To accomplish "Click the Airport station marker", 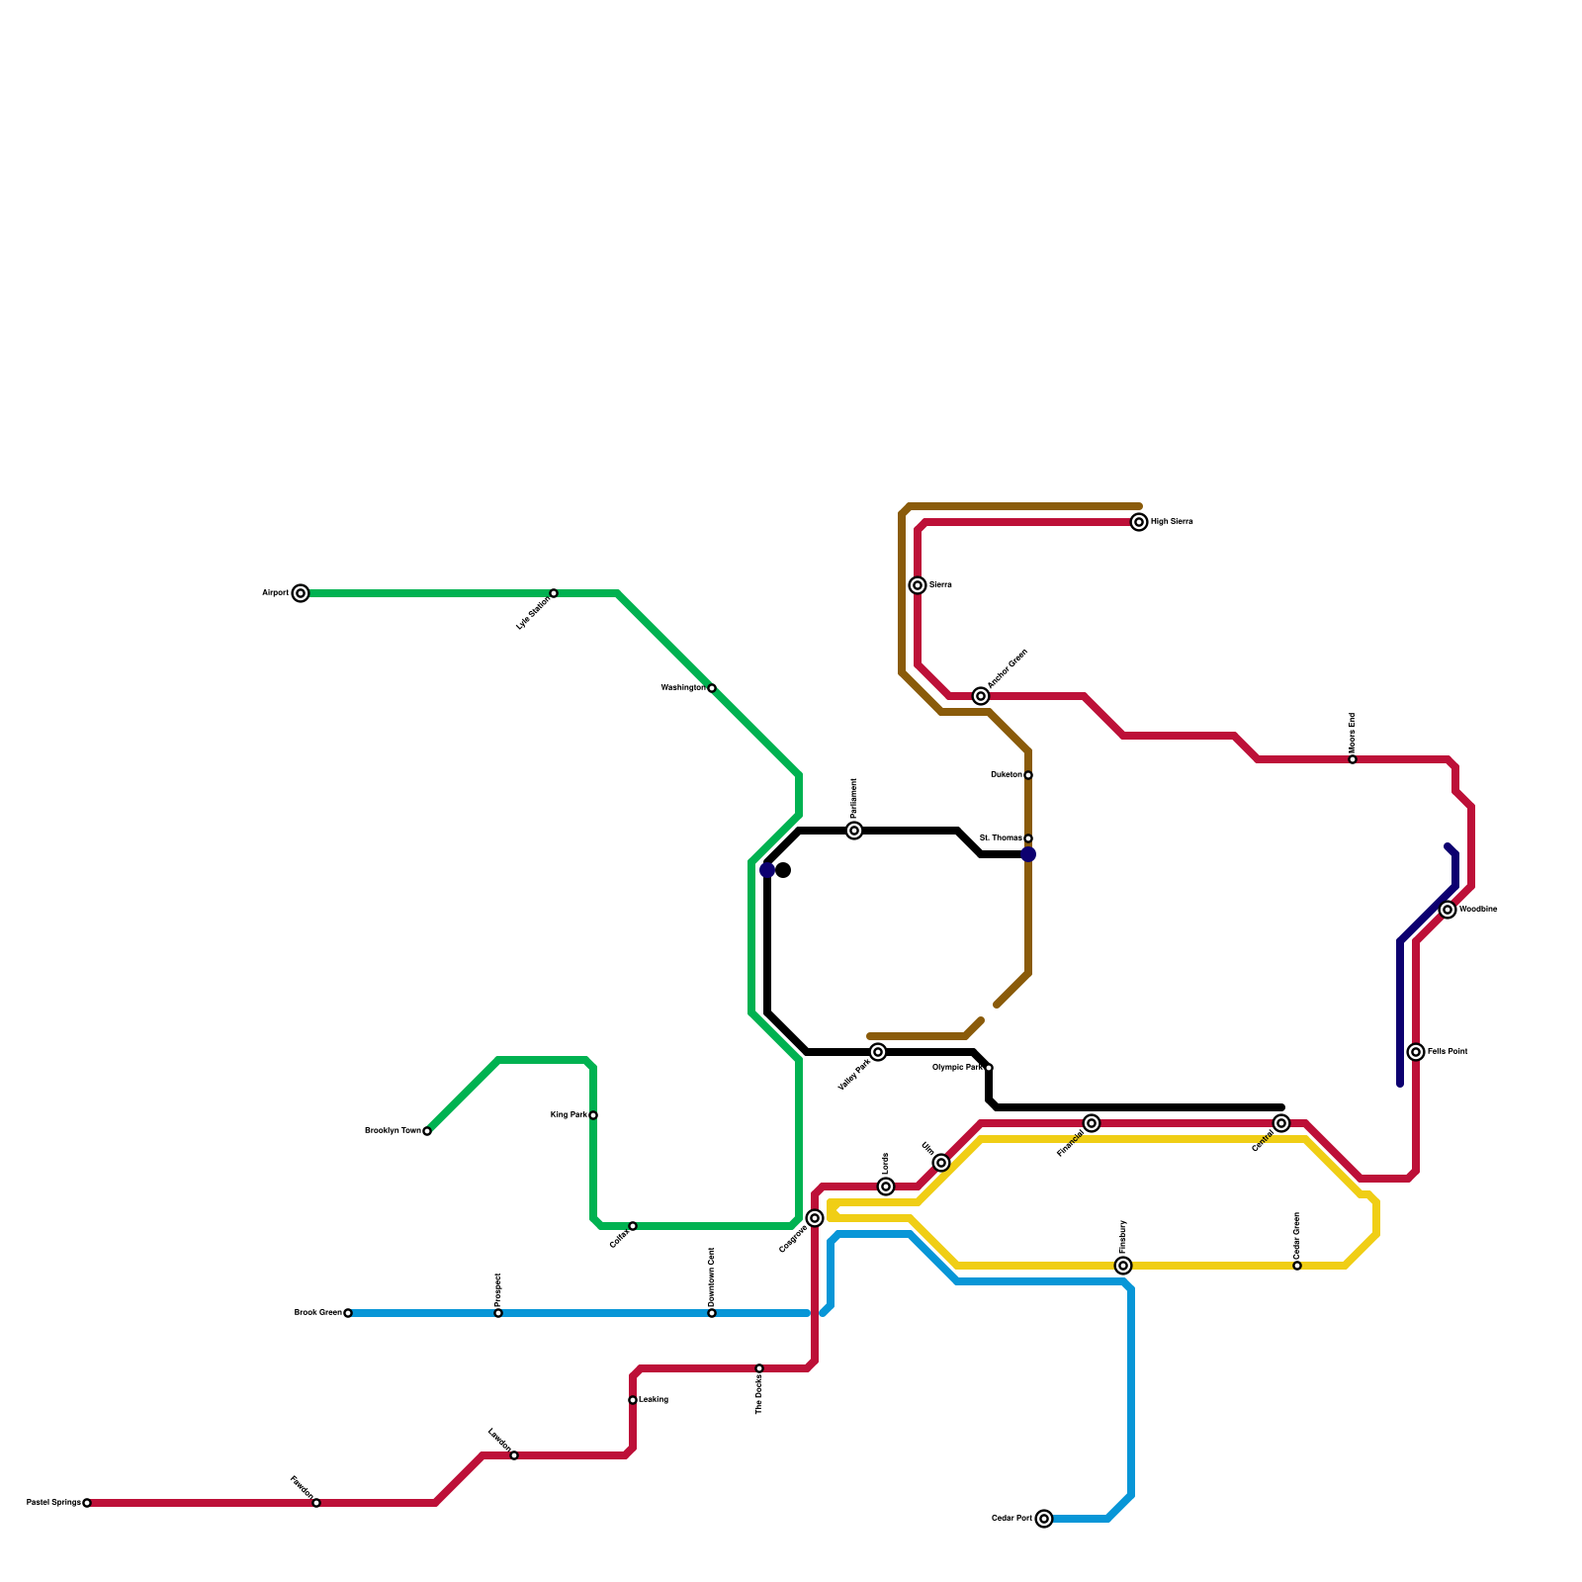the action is click(x=301, y=593).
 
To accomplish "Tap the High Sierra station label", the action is click(x=1172, y=522).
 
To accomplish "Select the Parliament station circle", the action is click(x=854, y=831).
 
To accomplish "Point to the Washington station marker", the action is click(x=712, y=688).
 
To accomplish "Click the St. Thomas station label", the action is click(x=1001, y=838).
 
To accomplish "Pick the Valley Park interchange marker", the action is click(x=878, y=1052).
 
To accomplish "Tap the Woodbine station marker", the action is click(x=1448, y=910).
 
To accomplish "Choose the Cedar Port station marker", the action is click(x=1044, y=1519).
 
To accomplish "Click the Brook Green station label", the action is click(x=317, y=1313).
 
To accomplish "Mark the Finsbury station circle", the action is click(x=1123, y=1266).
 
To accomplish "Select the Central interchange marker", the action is click(x=1281, y=1123).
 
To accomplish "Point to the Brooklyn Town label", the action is click(x=393, y=1131).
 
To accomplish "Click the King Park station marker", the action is click(x=593, y=1115).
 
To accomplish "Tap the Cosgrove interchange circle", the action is click(x=815, y=1218).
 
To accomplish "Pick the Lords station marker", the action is click(x=886, y=1186).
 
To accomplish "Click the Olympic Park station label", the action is click(x=958, y=1068).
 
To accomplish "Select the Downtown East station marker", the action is click(x=712, y=1313).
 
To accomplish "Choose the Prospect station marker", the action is click(x=498, y=1313).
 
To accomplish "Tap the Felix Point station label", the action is click(x=1448, y=1052).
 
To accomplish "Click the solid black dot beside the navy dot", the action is click(x=783, y=870).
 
